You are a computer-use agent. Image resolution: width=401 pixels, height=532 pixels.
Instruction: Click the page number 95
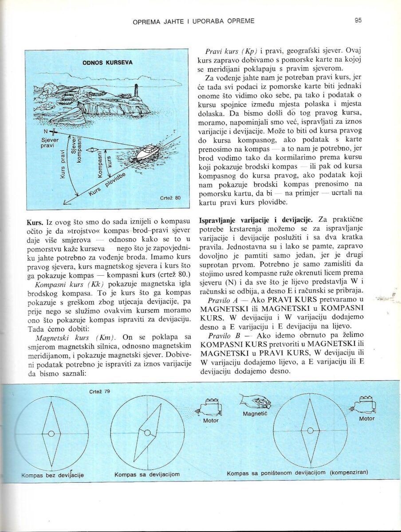(x=358, y=20)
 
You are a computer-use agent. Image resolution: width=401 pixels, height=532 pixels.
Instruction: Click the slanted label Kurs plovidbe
(x=107, y=184)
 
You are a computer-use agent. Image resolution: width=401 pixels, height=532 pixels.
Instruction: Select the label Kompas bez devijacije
(x=52, y=475)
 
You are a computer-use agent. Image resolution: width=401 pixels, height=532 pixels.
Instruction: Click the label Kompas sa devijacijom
(x=147, y=474)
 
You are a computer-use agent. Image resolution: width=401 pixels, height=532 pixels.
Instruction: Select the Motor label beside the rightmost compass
(x=366, y=419)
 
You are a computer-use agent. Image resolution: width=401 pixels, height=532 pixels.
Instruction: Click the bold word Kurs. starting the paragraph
(x=35, y=221)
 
